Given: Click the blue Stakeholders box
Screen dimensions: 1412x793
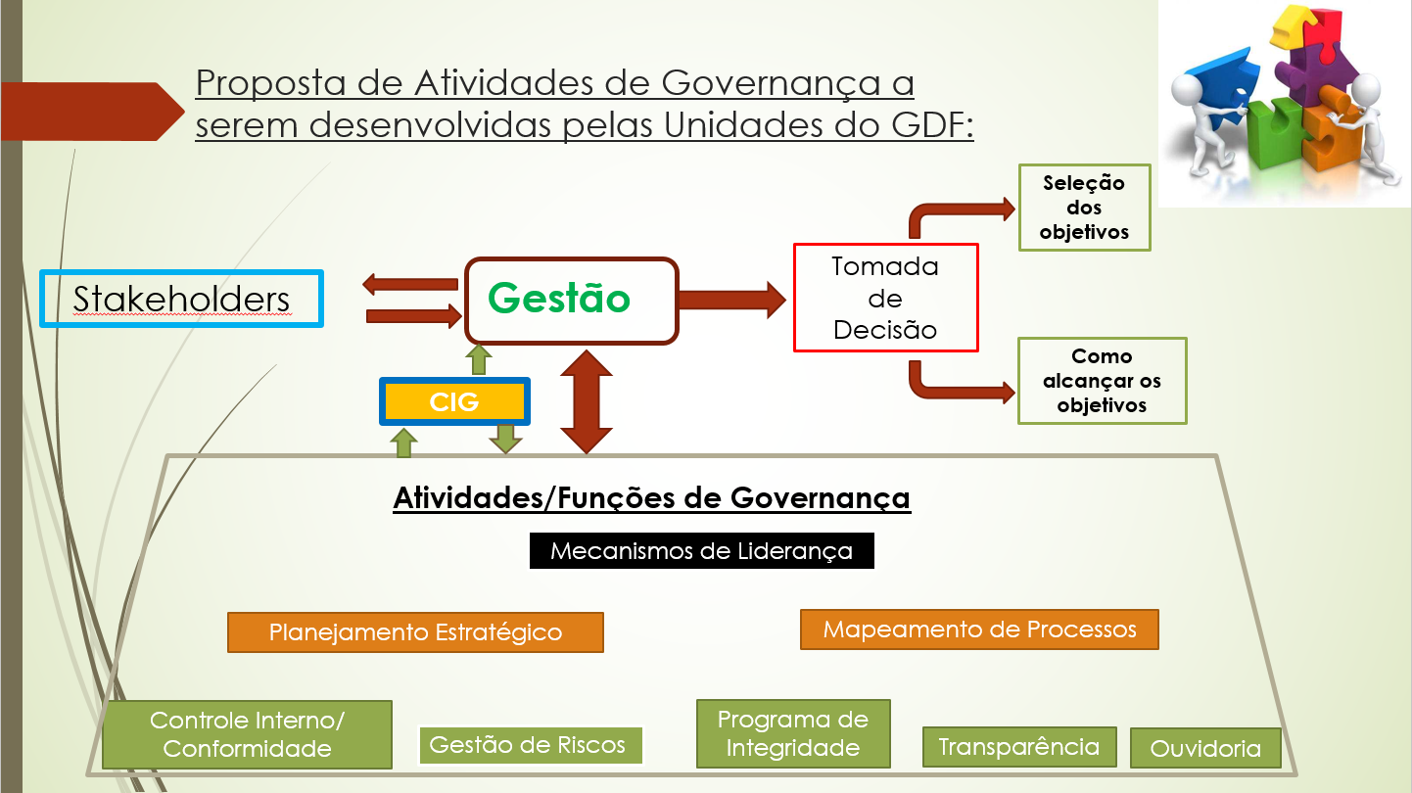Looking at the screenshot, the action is tap(181, 299).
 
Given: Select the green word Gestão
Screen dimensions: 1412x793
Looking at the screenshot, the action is tap(559, 299).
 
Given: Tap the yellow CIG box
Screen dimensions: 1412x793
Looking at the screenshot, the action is tap(454, 401).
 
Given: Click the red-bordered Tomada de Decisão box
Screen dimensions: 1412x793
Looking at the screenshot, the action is tap(885, 298).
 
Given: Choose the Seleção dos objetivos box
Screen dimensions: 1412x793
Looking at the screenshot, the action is tap(1084, 208).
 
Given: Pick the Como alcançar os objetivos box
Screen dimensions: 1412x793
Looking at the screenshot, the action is tap(1102, 381).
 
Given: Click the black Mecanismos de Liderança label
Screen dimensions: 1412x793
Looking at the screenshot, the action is tap(701, 551).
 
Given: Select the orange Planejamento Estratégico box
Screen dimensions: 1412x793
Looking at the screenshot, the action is tap(415, 632).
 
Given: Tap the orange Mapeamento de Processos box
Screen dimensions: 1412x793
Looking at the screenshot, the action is tap(979, 630).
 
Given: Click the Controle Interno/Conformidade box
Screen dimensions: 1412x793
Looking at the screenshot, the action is tap(247, 734).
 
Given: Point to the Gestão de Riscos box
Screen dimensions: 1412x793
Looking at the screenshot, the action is tap(531, 745).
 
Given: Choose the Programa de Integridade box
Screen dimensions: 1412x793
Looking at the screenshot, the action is tap(793, 733).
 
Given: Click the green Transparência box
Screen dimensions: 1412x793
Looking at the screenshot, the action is tap(1019, 747).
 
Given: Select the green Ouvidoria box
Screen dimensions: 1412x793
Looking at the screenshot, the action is tap(1205, 748).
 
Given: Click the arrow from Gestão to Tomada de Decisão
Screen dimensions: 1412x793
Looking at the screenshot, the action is tap(732, 300).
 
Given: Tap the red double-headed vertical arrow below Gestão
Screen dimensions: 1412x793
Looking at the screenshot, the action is tap(587, 401).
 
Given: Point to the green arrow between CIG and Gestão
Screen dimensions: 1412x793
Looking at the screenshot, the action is tap(479, 360).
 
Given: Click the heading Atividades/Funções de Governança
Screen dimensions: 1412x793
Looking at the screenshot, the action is tap(652, 498).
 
